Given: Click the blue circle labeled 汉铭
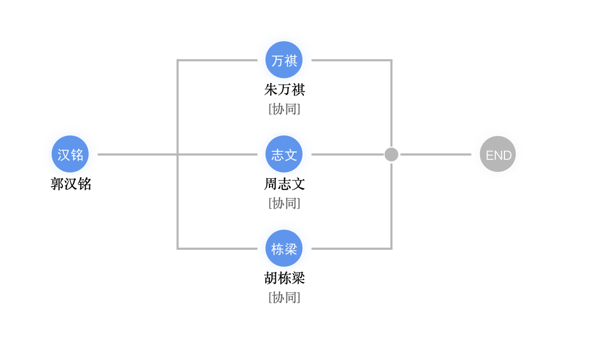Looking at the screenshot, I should [70, 154].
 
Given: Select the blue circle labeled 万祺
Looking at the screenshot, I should [284, 60].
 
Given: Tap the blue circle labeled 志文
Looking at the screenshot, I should [284, 154].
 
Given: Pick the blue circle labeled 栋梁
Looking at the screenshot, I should [284, 248].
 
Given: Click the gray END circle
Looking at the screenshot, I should [498, 154].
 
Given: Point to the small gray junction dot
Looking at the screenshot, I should [391, 155].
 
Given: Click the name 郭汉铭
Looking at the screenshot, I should [71, 184].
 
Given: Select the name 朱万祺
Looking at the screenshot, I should [284, 89].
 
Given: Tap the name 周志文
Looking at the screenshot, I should [284, 184].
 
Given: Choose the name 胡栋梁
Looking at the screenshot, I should [284, 278].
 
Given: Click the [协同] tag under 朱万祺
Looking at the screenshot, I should [284, 109].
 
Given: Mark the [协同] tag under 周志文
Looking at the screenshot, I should [284, 203].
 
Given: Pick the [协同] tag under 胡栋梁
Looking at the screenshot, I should [284, 298].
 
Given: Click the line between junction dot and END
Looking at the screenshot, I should [435, 155].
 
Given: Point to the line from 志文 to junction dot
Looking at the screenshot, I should [347, 155].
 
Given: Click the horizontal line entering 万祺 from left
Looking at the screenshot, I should [217, 60].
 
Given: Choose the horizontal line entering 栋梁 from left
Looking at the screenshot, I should [217, 248].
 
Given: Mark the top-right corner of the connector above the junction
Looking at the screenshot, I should [391, 61].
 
